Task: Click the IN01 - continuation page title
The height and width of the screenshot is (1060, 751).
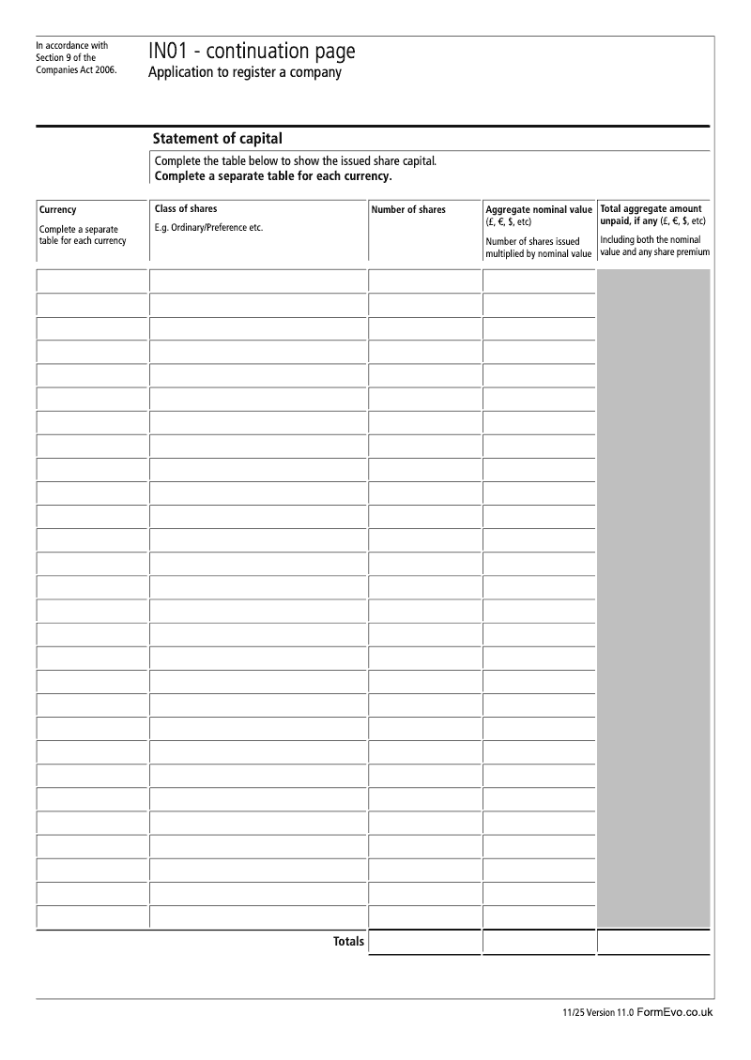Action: pos(252,52)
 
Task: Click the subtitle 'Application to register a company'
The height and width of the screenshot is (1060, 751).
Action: pos(244,73)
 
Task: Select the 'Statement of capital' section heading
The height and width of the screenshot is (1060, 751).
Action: pos(217,139)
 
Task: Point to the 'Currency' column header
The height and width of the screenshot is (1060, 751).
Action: pos(58,210)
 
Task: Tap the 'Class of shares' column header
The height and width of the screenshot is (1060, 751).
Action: pos(186,209)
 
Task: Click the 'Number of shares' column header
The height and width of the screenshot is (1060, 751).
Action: pos(408,210)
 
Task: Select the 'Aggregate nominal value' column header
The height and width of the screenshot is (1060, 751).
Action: pos(539,210)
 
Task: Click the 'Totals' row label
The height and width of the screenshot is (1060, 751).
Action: pos(348,941)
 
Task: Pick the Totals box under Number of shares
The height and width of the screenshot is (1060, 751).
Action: pos(424,942)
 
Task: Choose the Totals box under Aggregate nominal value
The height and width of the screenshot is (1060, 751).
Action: pos(539,942)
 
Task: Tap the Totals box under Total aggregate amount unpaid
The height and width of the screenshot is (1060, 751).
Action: pos(653,942)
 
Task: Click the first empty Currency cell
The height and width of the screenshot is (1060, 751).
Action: pos(92,280)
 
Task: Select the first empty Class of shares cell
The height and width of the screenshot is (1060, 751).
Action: pos(257,280)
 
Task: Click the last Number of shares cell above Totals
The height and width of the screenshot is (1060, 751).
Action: pos(424,916)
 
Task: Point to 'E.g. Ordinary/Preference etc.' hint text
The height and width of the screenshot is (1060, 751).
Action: pos(208,228)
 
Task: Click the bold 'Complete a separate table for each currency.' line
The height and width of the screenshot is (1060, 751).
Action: pos(272,176)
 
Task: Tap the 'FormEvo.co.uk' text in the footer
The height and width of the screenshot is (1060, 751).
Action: pos(675,1012)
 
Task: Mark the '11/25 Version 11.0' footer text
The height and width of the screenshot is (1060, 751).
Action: pos(598,1013)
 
